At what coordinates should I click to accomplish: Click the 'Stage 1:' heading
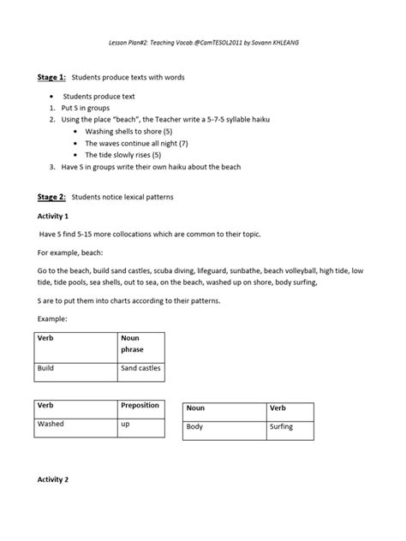point(52,78)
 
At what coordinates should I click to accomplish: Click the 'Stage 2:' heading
point(52,197)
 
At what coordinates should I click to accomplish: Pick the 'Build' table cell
point(46,369)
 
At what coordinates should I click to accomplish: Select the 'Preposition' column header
point(140,406)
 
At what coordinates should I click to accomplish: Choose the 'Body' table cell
point(195,426)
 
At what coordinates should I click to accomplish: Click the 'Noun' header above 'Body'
point(196,408)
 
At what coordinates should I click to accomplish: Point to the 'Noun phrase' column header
point(134,344)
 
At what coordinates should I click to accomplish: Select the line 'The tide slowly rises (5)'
point(122,155)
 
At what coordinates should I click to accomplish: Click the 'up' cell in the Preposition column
point(125,424)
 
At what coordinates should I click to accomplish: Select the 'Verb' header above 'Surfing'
point(278,408)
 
